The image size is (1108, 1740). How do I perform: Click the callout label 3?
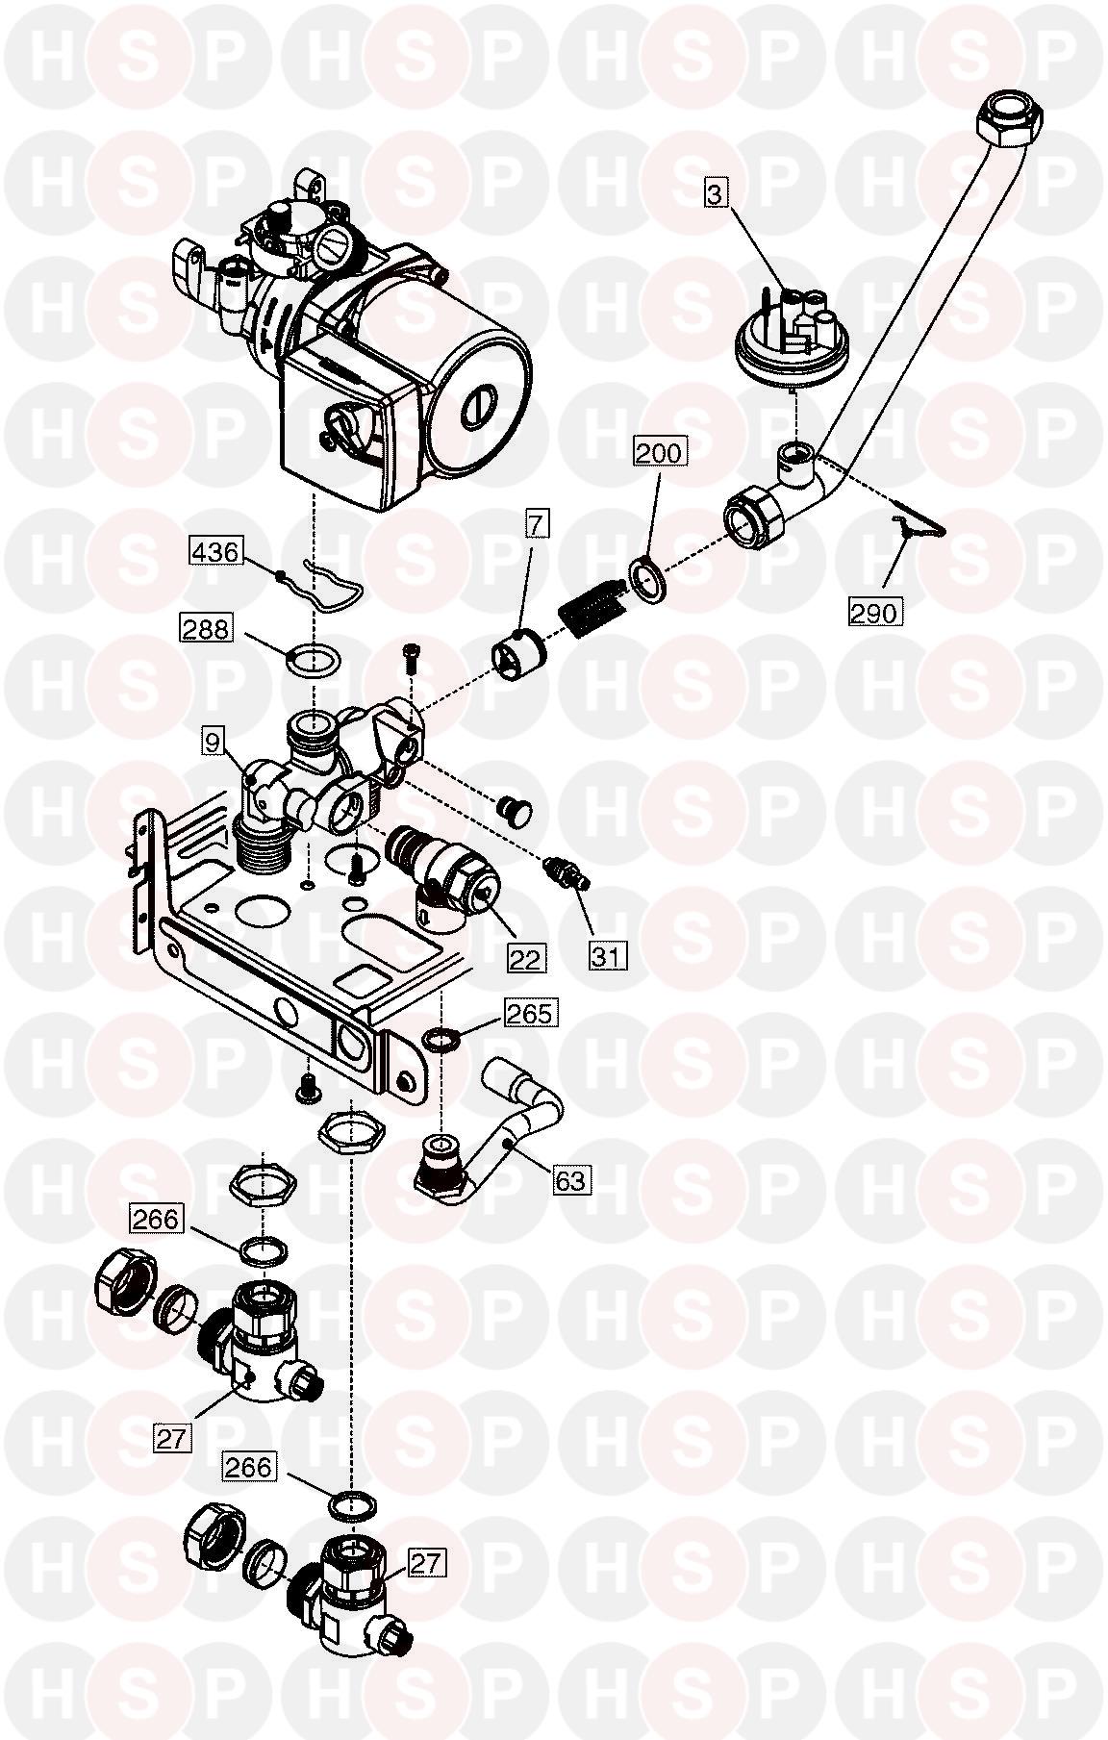[715, 194]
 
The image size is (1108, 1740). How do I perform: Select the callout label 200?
[659, 451]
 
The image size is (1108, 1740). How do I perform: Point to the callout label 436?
[214, 551]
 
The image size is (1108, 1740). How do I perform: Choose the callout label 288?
[206, 628]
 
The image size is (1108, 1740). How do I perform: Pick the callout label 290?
[874, 611]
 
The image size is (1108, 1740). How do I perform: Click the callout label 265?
[529, 1013]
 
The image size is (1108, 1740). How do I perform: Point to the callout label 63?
[570, 1179]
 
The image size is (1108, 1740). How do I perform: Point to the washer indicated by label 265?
[441, 1040]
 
